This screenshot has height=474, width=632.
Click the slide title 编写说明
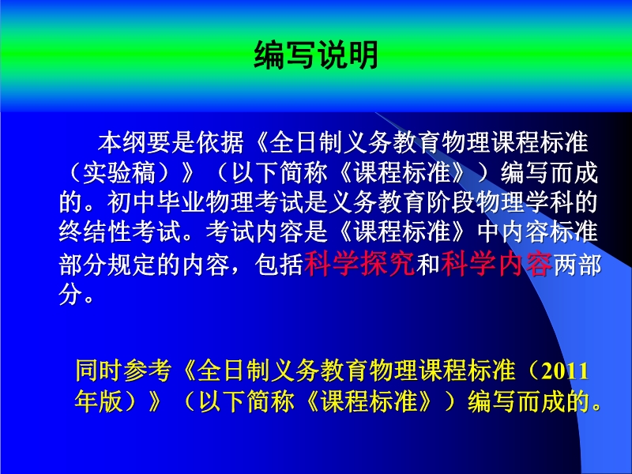(316, 55)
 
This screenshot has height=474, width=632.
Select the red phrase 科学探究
(359, 265)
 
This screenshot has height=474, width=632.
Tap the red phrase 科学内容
(497, 265)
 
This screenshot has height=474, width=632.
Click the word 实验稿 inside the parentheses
(119, 172)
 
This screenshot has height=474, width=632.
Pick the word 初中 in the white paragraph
(131, 202)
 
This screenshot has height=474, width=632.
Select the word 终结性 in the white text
(95, 231)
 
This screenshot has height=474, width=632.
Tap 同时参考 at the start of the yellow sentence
(123, 371)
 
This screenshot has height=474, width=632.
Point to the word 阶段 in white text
(451, 202)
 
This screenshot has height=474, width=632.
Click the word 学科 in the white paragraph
(548, 202)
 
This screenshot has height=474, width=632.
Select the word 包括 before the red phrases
(279, 265)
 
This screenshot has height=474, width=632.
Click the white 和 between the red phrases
(428, 265)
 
